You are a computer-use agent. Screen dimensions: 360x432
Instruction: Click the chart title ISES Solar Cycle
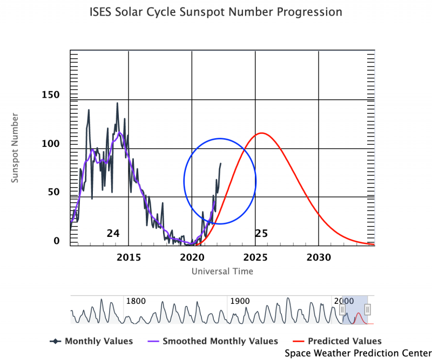(215, 12)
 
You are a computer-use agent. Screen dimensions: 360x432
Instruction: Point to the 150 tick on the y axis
(51, 95)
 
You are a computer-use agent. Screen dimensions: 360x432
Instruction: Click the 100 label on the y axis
(51, 144)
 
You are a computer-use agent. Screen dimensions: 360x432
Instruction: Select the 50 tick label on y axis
(53, 192)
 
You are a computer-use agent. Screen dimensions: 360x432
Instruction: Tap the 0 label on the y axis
(57, 241)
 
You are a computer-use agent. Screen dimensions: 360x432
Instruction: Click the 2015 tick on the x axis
(128, 256)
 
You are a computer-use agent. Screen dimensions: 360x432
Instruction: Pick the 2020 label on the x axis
(192, 256)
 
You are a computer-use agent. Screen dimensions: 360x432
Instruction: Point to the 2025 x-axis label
(255, 256)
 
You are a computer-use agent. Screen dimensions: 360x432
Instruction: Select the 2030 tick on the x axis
(319, 256)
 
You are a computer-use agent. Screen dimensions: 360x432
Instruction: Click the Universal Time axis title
(222, 271)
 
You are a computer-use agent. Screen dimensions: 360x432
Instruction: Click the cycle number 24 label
(113, 233)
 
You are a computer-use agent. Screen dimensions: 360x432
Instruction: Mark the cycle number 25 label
(261, 233)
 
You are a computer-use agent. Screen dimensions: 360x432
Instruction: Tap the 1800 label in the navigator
(136, 301)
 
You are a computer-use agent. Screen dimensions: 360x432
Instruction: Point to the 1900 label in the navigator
(240, 301)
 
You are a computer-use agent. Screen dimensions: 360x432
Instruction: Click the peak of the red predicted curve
(261, 133)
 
